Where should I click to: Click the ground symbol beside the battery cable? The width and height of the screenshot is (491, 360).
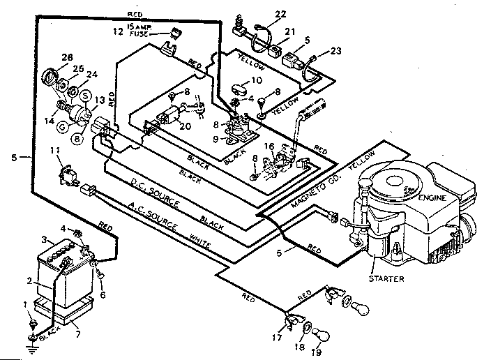[x=31, y=344]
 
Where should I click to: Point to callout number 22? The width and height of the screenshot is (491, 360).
[x=280, y=15]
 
